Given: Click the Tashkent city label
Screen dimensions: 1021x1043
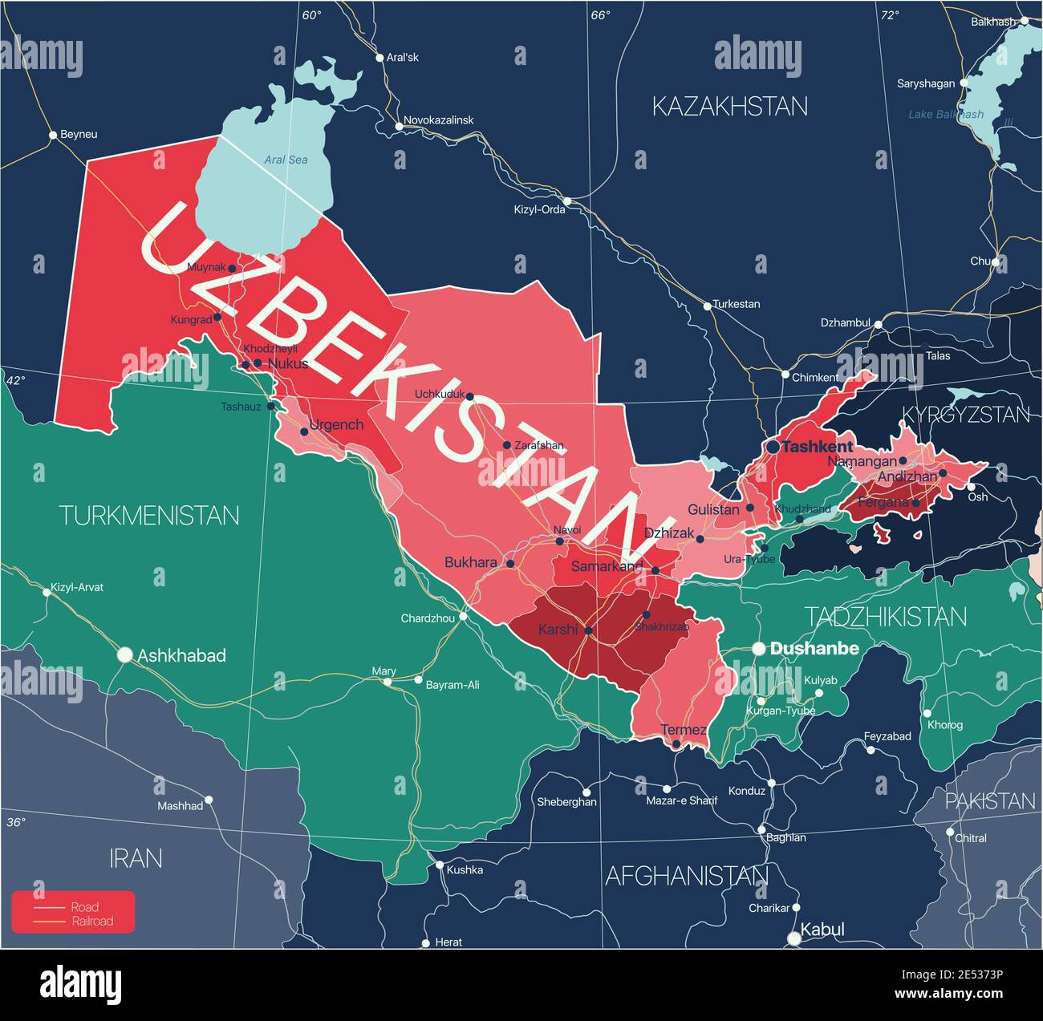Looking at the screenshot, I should [818, 447].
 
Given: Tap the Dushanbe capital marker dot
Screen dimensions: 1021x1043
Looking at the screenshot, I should [758, 649].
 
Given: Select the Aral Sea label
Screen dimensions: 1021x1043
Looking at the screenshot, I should [286, 160].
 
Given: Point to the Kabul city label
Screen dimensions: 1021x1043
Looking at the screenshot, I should [822, 930].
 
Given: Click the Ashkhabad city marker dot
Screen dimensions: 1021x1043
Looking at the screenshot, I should [124, 655].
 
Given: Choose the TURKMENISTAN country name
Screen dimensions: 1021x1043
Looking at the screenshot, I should [149, 515].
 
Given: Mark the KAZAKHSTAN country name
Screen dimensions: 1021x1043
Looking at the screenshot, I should [729, 106].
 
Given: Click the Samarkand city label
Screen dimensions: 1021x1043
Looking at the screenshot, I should [607, 566].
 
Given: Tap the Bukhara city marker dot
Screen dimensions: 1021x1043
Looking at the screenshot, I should [510, 564].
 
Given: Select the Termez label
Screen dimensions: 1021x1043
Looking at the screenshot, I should [684, 730].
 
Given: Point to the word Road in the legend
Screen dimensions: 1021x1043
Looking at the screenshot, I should [85, 907].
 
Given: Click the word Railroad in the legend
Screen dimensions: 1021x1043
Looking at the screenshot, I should [92, 921].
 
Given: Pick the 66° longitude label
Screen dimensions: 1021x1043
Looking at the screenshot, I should [600, 14].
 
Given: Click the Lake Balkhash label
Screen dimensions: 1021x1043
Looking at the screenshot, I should [945, 115].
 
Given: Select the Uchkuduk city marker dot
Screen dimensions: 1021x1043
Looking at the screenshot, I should [470, 396].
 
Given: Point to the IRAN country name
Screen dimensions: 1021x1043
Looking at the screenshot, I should [136, 858].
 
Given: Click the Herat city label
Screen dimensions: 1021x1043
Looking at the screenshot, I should [448, 942].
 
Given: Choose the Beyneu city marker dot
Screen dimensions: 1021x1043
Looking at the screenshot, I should [53, 135].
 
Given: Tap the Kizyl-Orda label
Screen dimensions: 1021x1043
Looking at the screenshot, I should [539, 209].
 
